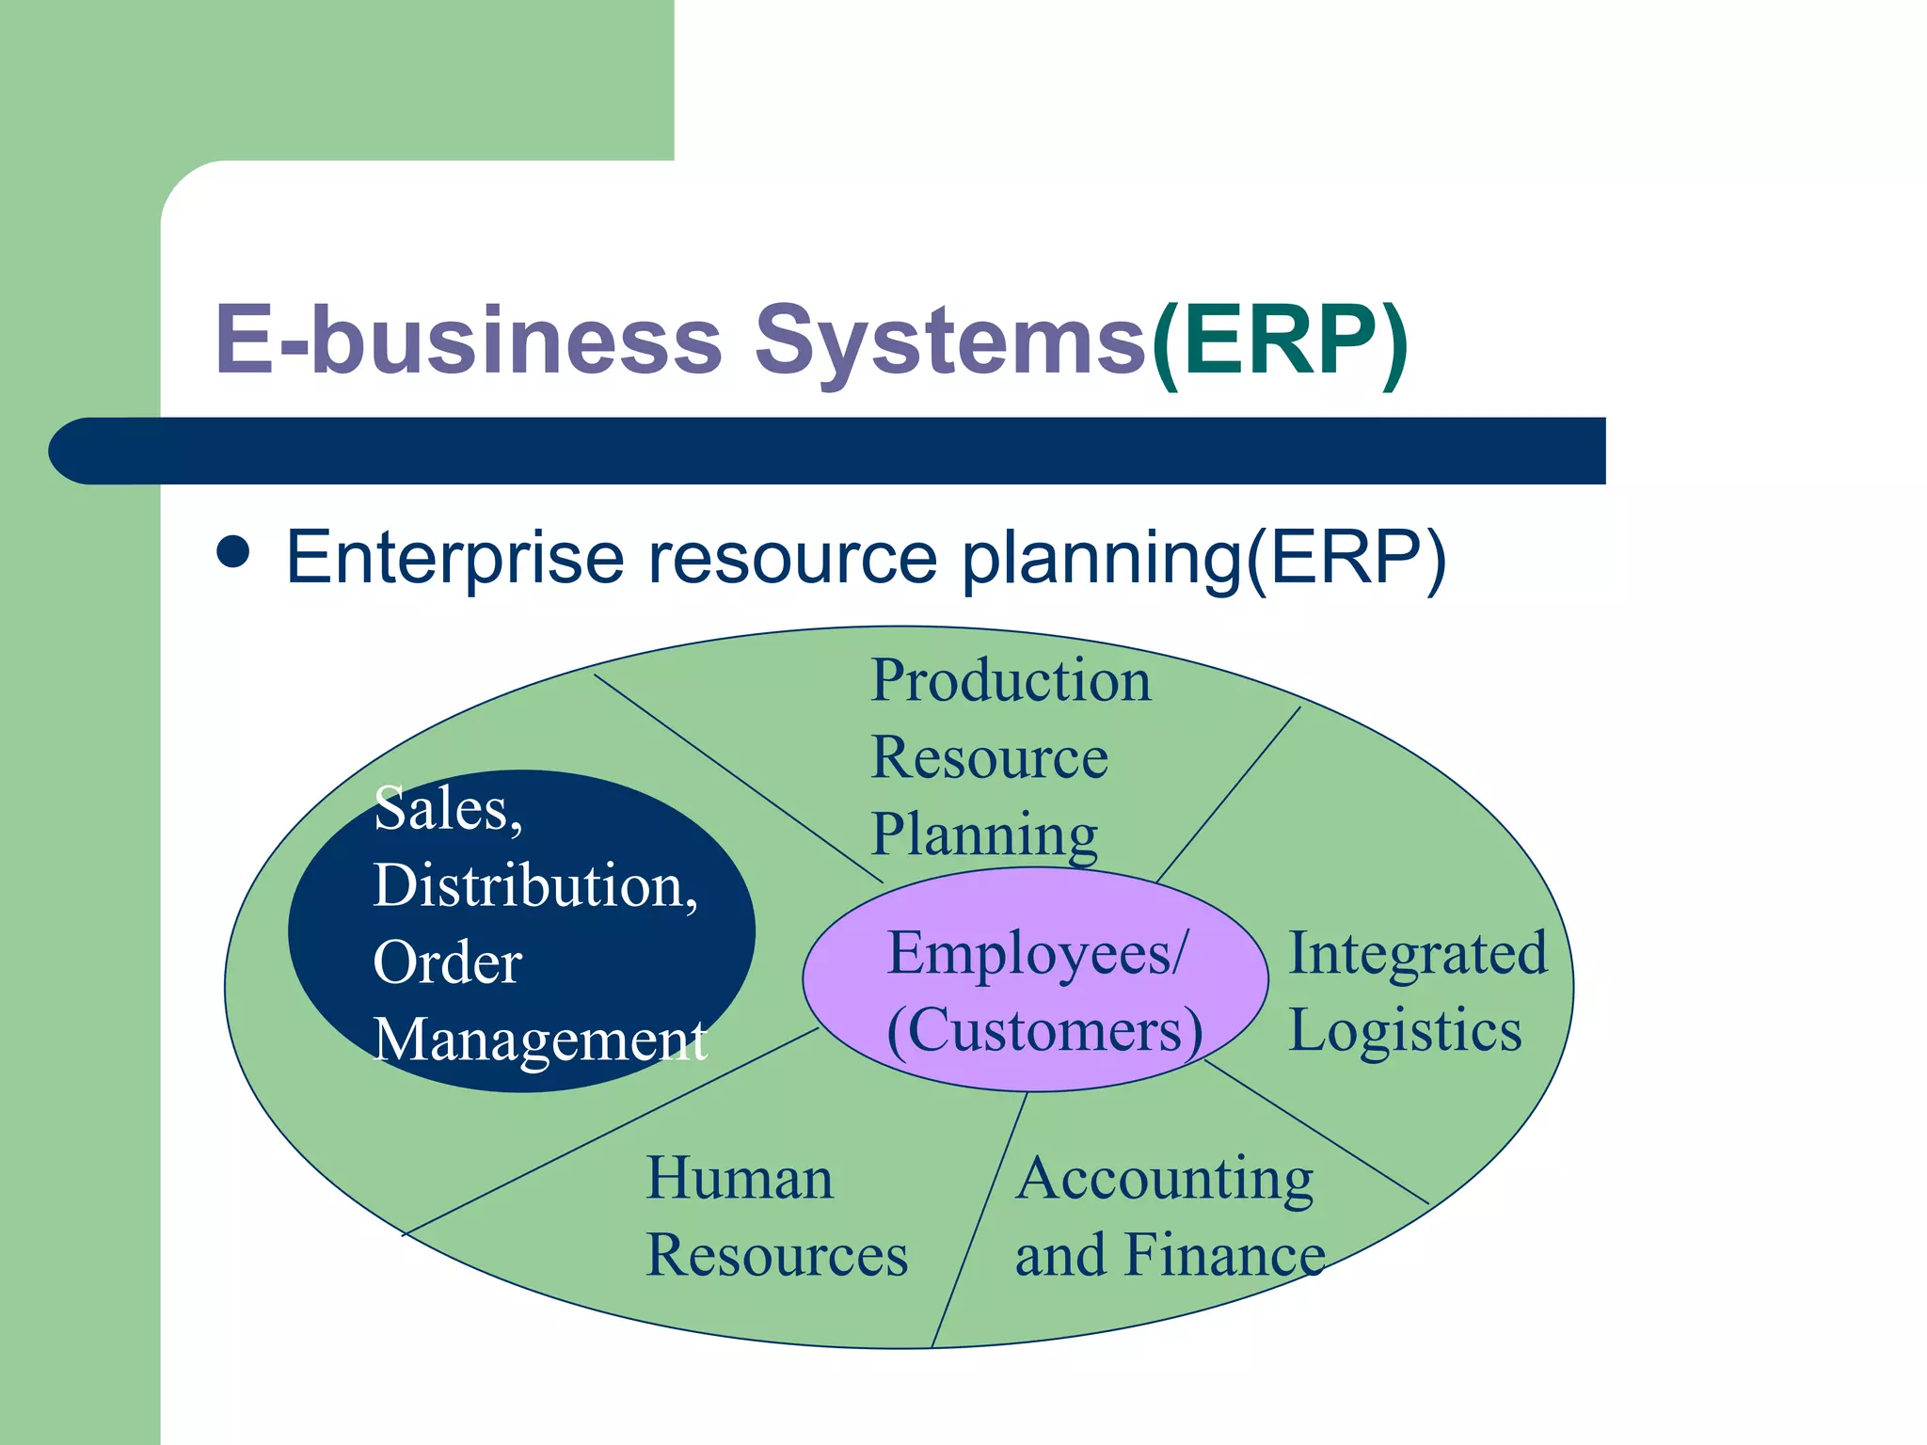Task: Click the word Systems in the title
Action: coord(950,341)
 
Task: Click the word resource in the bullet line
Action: coord(792,557)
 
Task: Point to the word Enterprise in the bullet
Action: coord(454,557)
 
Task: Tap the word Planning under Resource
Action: coord(984,834)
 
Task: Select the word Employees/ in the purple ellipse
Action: coord(1038,953)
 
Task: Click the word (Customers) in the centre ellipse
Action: coord(1044,1030)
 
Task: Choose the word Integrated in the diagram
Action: coord(1417,954)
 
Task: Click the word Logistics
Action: coord(1404,1030)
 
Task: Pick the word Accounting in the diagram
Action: coord(1164,1180)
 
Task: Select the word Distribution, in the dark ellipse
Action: coord(535,886)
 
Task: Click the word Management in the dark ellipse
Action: coord(540,1040)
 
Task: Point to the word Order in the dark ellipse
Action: coord(447,963)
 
